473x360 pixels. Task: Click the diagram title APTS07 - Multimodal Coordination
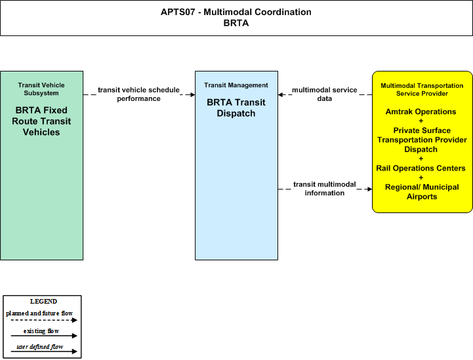pyautogui.click(x=236, y=12)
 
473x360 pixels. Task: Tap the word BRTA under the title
pyautogui.click(x=236, y=23)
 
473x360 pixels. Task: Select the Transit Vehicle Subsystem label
pyautogui.click(x=41, y=89)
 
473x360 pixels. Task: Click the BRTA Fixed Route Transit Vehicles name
pyautogui.click(x=41, y=121)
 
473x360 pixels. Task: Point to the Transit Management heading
pyautogui.click(x=236, y=85)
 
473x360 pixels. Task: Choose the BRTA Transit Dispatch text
pyautogui.click(x=236, y=108)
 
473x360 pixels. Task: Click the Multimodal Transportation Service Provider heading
pyautogui.click(x=422, y=90)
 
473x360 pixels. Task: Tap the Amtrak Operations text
pyautogui.click(x=421, y=111)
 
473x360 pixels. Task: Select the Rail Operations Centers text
pyautogui.click(x=421, y=169)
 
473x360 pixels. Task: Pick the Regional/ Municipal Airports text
pyautogui.click(x=422, y=191)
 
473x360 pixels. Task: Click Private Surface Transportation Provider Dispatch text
pyautogui.click(x=422, y=140)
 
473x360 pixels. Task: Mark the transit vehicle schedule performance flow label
pyautogui.click(x=139, y=94)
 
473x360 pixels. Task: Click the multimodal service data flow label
pyautogui.click(x=325, y=94)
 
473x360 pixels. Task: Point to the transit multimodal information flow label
pyautogui.click(x=325, y=188)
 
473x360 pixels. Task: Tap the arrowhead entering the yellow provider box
pyautogui.click(x=369, y=189)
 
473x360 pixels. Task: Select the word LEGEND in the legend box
pyautogui.click(x=43, y=302)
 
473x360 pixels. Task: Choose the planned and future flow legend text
pyautogui.click(x=39, y=313)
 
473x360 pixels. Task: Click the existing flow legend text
pyautogui.click(x=41, y=331)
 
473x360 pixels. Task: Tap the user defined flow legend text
pyautogui.click(x=40, y=347)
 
